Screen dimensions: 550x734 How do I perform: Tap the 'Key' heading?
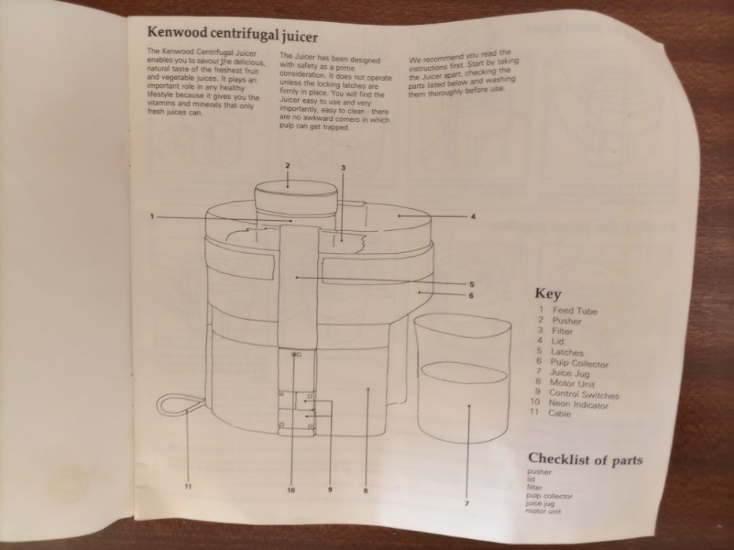[x=548, y=294]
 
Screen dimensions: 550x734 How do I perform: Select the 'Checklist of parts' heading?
[x=585, y=459]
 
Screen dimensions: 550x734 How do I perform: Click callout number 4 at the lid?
[x=473, y=216]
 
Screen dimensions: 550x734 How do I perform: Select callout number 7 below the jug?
[x=467, y=503]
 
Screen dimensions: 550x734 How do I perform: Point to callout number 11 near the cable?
[x=188, y=486]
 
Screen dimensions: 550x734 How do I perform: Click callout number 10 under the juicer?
[x=290, y=489]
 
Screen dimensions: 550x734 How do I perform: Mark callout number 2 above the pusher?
[x=288, y=166]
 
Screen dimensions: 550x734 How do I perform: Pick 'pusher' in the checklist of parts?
[x=539, y=472]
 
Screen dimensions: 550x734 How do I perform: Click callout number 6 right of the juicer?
[x=470, y=295]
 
